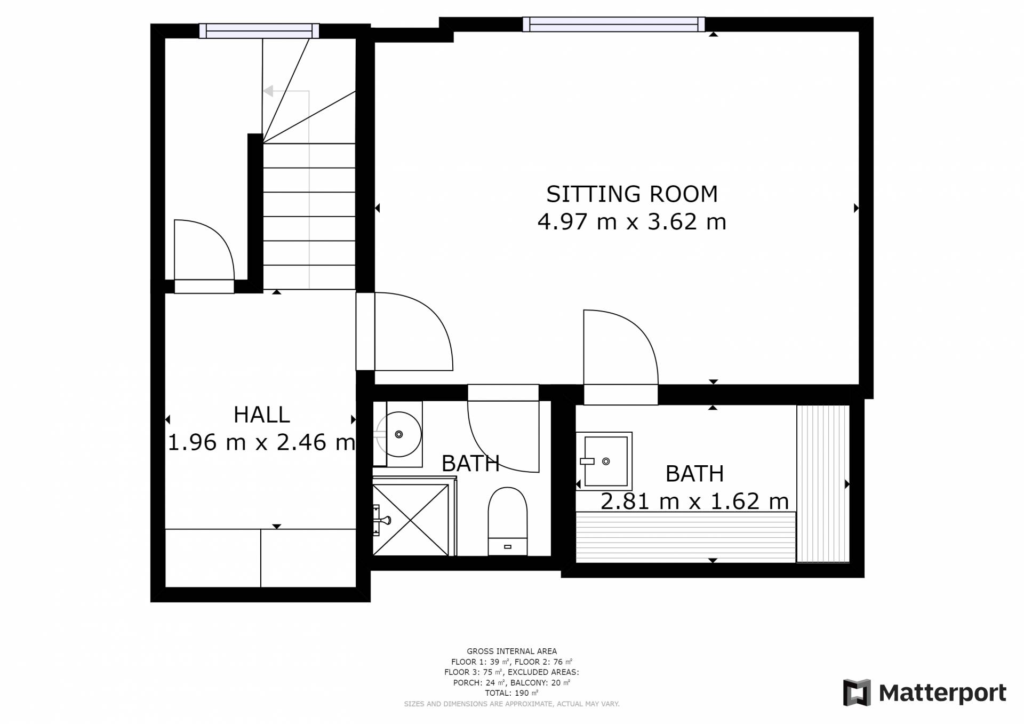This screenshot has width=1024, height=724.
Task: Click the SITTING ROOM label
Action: [x=632, y=194]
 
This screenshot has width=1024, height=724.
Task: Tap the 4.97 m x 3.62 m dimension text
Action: [x=632, y=222]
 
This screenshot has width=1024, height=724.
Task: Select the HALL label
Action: [x=261, y=415]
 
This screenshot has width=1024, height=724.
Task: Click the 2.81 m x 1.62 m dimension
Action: [x=694, y=502]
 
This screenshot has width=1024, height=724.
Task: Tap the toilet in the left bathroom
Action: [x=508, y=521]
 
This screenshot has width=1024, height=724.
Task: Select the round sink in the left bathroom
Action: [x=399, y=434]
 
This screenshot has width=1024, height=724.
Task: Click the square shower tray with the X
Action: [x=411, y=520]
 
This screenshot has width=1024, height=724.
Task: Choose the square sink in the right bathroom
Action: [x=604, y=461]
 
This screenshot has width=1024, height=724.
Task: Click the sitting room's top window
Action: [x=614, y=25]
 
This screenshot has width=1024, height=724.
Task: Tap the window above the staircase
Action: [x=259, y=31]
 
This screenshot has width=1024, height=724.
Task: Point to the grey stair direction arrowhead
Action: [x=268, y=91]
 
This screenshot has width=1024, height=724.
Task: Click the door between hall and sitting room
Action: [x=414, y=331]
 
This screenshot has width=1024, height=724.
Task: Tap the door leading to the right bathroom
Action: [x=621, y=356]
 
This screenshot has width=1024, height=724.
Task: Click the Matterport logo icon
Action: [x=857, y=693]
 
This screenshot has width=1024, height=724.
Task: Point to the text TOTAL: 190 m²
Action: [x=511, y=693]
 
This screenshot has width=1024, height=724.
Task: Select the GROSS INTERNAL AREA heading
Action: [x=511, y=651]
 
